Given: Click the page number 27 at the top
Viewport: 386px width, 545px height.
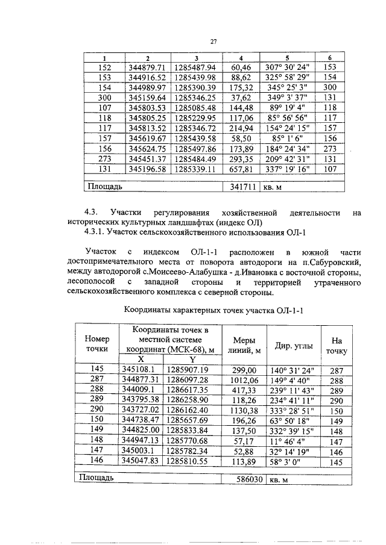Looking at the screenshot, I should click(213, 42).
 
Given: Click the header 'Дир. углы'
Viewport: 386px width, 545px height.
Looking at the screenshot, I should click(294, 346).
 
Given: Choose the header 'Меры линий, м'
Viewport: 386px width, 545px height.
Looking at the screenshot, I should click(244, 344).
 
